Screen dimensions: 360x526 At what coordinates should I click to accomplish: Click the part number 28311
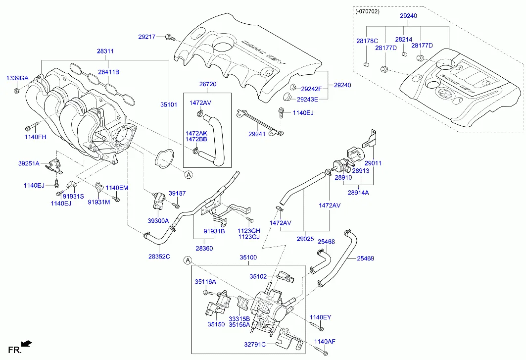[x=105, y=51]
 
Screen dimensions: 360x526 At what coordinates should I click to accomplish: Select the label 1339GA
[x=17, y=78]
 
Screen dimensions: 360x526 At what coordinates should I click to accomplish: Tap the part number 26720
[x=208, y=85]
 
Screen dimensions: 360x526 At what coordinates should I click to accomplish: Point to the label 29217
[x=147, y=36]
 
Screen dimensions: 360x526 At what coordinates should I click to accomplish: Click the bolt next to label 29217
[x=170, y=36]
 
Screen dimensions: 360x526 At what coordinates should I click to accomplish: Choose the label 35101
[x=168, y=105]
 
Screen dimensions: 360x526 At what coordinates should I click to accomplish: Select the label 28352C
[x=159, y=256]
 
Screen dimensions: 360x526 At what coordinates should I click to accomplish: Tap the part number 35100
[x=248, y=257]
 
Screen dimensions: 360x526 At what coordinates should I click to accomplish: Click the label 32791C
[x=255, y=344]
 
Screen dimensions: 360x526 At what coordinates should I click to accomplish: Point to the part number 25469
[x=366, y=258]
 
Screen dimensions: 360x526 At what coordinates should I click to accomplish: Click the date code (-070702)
[x=367, y=11]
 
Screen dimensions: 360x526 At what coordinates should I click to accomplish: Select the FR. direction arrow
[x=27, y=343]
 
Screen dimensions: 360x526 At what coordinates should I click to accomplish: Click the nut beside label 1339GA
[x=17, y=90]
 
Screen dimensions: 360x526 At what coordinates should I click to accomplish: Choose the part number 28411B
[x=108, y=72]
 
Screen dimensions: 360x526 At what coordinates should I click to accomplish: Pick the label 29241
[x=257, y=134]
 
